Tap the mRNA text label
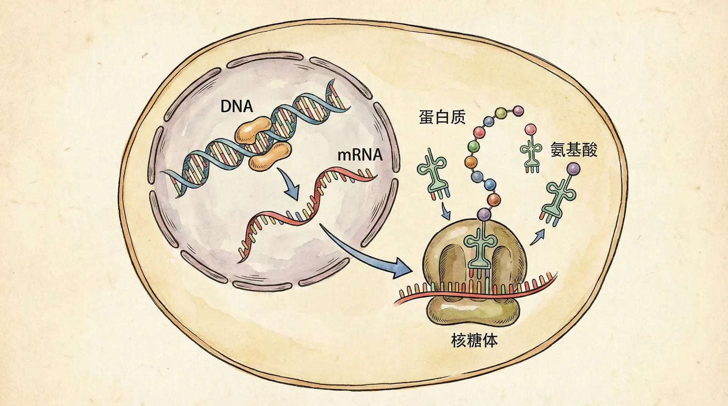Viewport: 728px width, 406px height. coord(359,155)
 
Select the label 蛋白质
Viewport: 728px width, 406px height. coord(442,117)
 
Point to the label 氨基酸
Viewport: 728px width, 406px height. coord(574,150)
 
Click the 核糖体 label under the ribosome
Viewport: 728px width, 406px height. coord(474,340)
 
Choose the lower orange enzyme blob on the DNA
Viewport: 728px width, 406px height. coord(270,156)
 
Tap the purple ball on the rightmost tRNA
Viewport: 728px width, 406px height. coord(573,168)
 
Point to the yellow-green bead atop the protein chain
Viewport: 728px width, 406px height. coord(502,112)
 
